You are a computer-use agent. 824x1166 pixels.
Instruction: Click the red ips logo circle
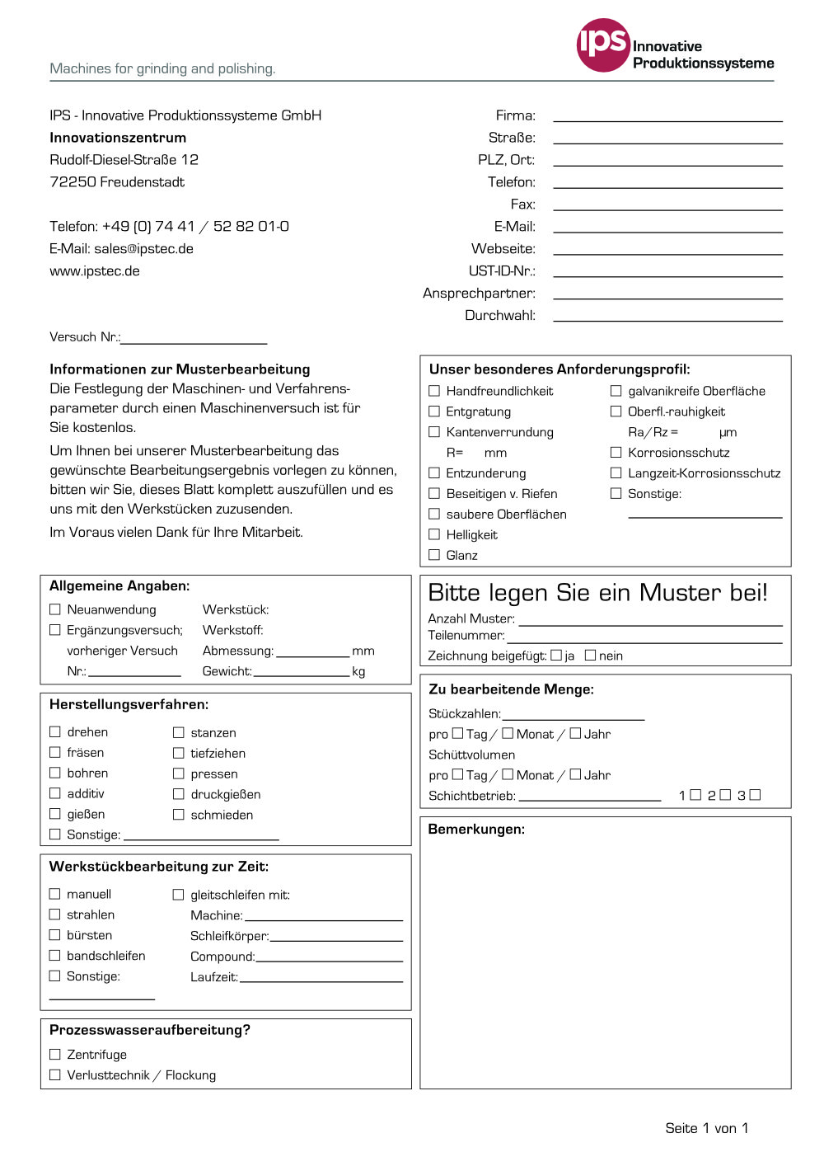603,45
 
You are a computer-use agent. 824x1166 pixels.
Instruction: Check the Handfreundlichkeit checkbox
434,391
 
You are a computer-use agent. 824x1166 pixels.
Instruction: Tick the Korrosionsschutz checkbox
616,452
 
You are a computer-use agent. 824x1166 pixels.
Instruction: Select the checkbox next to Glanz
434,555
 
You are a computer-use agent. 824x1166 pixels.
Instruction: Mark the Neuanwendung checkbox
55,609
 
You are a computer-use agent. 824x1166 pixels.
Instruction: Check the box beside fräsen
55,752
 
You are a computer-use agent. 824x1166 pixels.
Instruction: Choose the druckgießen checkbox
178,794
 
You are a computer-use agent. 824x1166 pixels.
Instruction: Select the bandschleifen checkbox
55,955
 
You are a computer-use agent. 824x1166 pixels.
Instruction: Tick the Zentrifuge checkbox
55,1054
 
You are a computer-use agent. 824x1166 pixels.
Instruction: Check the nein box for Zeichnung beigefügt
590,656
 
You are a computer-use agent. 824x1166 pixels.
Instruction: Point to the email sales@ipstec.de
143,249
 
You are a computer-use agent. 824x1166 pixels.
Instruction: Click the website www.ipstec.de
95,271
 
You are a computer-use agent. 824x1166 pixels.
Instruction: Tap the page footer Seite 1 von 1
706,1128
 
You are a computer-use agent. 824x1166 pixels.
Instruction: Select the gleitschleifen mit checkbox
178,894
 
